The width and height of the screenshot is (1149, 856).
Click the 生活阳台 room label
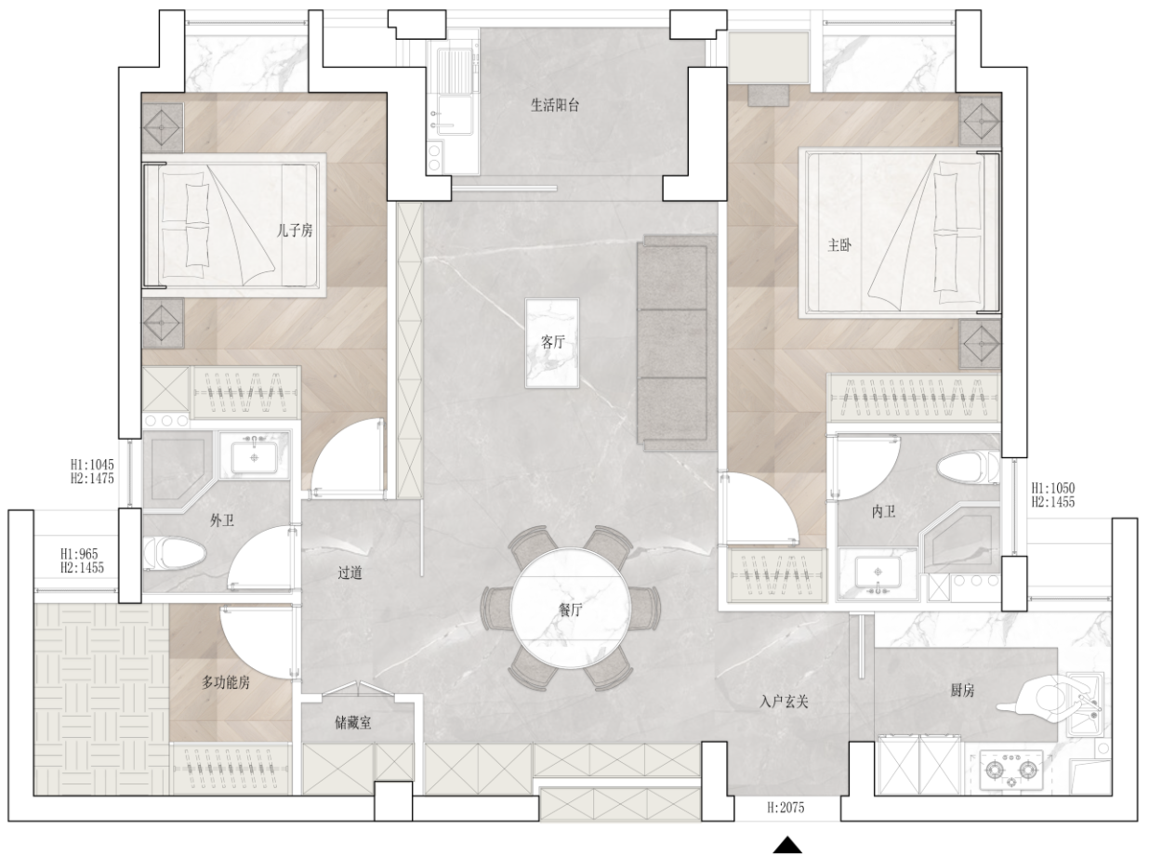point(554,105)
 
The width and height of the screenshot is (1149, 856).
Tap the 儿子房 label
point(295,230)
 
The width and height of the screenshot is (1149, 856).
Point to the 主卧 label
point(839,244)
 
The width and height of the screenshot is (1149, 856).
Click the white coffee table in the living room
point(551,343)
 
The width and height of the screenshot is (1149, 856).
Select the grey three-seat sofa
point(676,343)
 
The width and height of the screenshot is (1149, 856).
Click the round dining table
point(571,608)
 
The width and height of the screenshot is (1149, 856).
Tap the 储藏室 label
point(352,722)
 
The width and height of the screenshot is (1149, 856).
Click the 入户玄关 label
point(784,702)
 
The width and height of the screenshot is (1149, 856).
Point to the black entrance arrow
point(787,845)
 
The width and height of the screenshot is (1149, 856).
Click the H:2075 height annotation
point(786,807)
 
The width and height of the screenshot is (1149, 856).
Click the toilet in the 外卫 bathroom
point(174,553)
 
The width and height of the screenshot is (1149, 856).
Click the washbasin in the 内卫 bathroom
point(878,573)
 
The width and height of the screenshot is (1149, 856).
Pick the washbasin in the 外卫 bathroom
point(254,456)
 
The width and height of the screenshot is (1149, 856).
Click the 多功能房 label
point(226,682)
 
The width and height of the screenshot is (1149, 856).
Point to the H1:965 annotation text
point(79,554)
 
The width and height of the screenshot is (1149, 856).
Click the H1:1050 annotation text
point(1052,488)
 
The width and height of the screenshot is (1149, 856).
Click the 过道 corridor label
point(350,573)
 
